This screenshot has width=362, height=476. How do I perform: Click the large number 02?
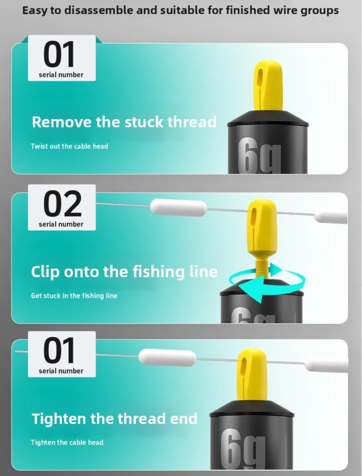click(62, 204)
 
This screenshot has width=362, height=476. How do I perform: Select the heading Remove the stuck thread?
click(124, 122)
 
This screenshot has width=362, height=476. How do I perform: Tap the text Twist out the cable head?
click(70, 146)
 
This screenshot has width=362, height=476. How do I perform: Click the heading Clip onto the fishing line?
click(124, 271)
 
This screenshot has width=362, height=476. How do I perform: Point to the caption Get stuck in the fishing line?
click(74, 296)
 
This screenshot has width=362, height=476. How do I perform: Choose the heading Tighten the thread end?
click(115, 418)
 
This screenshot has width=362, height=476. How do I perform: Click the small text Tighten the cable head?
click(67, 442)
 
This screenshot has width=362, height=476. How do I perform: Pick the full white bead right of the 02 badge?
click(178, 207)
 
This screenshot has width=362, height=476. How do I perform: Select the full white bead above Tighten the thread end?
click(168, 357)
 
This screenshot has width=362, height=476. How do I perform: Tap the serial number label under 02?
click(61, 224)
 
